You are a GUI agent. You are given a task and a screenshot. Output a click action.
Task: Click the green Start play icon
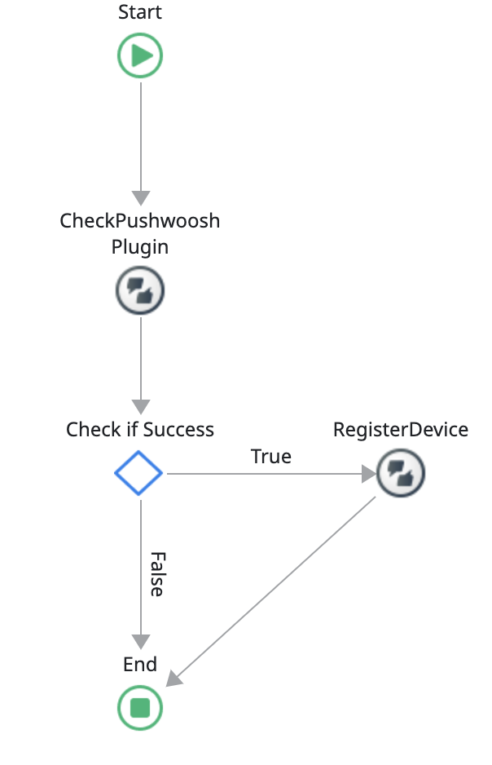coord(140,55)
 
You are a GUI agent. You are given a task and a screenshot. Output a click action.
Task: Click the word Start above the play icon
coord(140,12)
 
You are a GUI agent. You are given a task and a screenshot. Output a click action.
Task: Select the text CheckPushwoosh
coord(140,221)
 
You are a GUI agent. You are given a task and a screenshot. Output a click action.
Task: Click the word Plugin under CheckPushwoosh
coord(140,246)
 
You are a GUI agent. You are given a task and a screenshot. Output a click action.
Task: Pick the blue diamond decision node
coord(139,472)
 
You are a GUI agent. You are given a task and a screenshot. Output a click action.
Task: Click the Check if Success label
coord(140,430)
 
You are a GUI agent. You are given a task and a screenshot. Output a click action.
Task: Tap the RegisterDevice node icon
coord(401,472)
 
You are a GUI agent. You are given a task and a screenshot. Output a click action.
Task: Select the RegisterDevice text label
coord(401,430)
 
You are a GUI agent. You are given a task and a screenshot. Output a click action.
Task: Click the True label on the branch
coord(271,457)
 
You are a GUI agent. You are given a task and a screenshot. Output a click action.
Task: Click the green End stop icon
coord(140,706)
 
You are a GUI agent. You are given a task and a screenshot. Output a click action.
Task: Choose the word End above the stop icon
coord(140,665)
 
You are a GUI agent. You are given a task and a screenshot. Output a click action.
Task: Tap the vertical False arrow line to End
coord(141,571)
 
